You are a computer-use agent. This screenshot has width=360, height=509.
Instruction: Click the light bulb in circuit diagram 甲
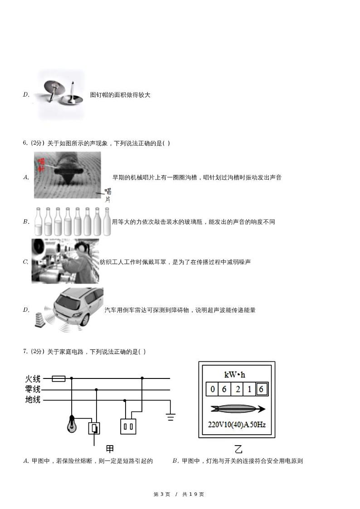coord(72,425)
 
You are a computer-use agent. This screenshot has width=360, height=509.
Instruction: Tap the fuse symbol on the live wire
coord(58,378)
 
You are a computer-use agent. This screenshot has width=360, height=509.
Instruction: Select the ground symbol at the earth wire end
coord(170,417)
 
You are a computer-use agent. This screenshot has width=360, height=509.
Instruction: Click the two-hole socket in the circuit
coord(128,426)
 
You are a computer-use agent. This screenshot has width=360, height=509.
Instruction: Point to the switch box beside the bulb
coord(94,428)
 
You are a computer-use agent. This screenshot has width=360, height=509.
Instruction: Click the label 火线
coord(33,378)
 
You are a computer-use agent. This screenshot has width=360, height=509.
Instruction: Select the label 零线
coord(33,389)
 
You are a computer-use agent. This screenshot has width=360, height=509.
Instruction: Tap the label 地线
coord(33,400)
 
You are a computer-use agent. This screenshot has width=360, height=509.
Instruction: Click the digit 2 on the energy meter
coord(237,389)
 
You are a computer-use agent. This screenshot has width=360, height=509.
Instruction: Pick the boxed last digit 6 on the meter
coord(262,389)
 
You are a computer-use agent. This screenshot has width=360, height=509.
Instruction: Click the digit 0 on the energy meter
coord(212,389)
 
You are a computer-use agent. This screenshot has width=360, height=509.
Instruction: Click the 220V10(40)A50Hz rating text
coord(237,425)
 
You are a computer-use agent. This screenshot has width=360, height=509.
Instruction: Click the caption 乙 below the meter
coord(238,449)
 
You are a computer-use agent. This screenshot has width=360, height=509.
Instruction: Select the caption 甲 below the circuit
coord(110,449)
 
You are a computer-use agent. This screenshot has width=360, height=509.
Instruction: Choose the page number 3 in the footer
coord(161,494)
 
